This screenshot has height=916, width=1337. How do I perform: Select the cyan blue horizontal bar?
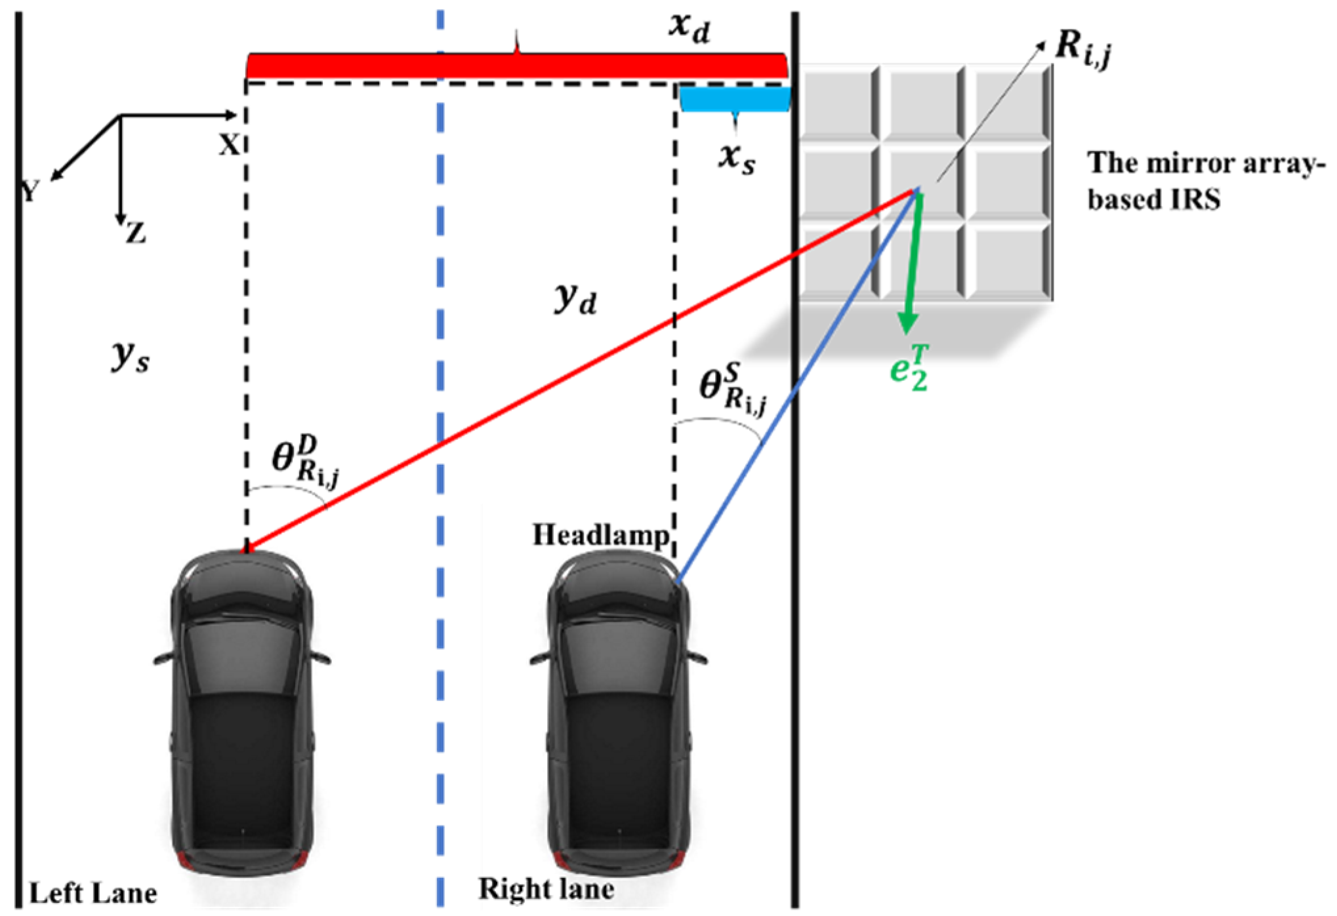point(734,100)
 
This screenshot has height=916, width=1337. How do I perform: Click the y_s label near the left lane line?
point(130,357)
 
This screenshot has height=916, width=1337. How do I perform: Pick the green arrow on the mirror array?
point(913,262)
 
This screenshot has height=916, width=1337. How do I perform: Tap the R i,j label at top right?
point(1082,49)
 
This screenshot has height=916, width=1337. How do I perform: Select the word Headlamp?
point(600,535)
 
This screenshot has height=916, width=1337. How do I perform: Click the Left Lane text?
point(93,893)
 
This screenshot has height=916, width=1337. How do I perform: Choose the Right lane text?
point(546,889)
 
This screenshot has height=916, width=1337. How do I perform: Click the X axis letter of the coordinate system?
point(229,144)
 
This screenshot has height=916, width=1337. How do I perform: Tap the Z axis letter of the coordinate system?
point(136,233)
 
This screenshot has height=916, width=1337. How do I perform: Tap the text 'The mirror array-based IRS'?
point(1201,181)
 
